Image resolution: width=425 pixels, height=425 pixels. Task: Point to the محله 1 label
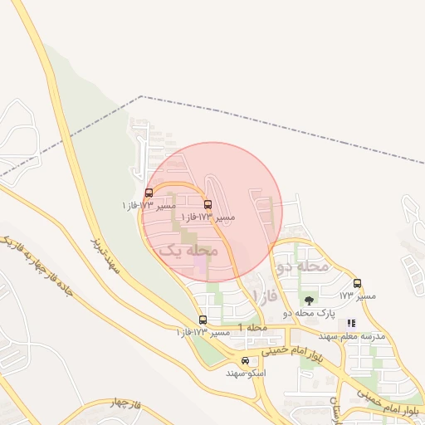point(253,328)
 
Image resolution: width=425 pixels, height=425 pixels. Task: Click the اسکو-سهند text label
point(246,374)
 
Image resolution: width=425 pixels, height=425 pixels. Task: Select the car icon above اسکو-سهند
point(245,361)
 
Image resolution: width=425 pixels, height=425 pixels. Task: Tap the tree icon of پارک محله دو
point(310,300)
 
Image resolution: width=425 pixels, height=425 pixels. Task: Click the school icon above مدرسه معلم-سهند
point(351,323)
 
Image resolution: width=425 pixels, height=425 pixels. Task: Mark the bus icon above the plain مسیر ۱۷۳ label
point(358,283)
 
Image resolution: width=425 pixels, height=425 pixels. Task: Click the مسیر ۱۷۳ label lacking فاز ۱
point(358,296)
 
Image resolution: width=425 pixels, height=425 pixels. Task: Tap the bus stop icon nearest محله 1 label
point(203,320)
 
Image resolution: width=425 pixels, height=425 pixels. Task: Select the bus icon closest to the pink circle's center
point(208,204)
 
